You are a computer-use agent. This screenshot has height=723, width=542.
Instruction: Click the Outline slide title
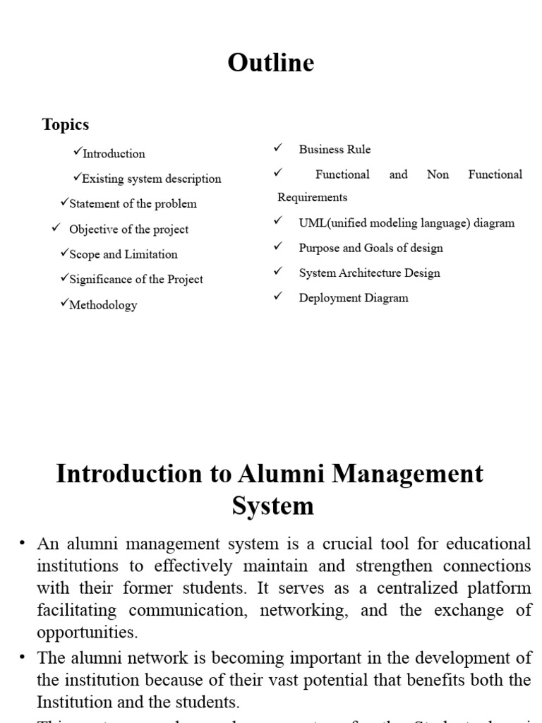271,63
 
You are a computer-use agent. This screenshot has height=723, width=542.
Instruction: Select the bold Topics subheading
66,124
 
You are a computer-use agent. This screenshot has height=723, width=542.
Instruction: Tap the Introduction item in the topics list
114,154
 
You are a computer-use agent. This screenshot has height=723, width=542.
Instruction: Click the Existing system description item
151,179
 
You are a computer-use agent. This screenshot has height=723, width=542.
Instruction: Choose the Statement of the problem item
133,204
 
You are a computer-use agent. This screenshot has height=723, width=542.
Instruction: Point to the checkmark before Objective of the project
56,228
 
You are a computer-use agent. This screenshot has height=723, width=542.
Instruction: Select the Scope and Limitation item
123,254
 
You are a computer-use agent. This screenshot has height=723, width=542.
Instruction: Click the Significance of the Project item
135,280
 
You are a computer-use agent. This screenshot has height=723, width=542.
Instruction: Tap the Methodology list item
103,305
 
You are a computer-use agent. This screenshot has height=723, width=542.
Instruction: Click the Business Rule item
335,150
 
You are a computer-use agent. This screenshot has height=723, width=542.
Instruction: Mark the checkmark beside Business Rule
277,148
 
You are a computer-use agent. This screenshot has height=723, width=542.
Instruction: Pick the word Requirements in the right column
312,198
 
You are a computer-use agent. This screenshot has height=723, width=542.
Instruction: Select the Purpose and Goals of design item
371,248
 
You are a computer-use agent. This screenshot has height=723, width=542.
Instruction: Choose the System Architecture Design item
369,273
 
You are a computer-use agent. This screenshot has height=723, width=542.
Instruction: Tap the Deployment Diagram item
353,298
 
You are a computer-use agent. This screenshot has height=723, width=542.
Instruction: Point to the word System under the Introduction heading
272,506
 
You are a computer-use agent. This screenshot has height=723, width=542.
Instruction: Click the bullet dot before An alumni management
23,544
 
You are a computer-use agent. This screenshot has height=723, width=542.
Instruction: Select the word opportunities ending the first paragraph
88,631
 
